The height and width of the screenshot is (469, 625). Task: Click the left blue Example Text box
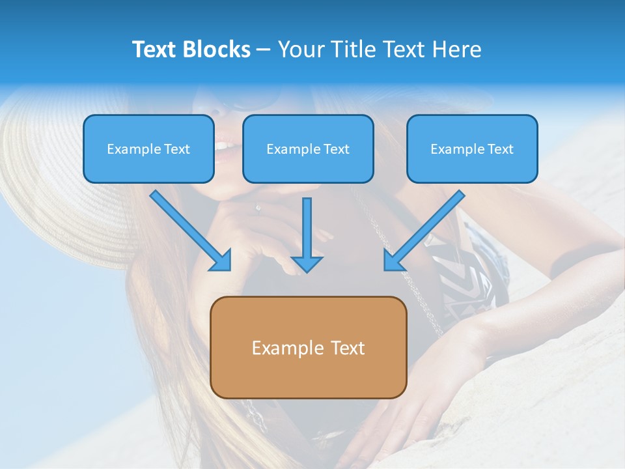pos(148,149)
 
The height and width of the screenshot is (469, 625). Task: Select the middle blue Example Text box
pos(308,149)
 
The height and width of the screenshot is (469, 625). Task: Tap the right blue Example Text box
pos(472,149)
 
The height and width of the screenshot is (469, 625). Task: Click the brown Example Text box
pos(308,347)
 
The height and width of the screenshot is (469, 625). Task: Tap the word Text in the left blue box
pos(176,149)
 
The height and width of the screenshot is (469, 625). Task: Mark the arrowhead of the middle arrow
pos(307,263)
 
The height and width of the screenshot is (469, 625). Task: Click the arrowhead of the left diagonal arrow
pos(221,261)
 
